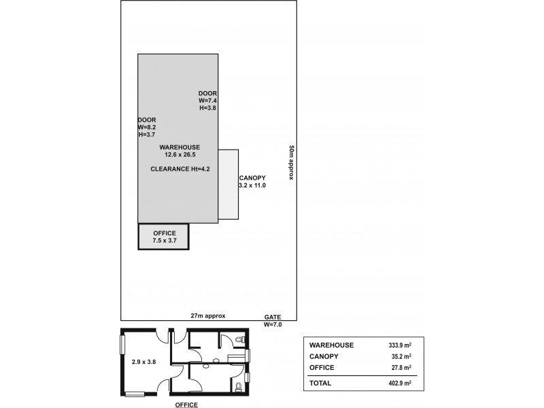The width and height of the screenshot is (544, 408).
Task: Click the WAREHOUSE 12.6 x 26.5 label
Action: point(180,150)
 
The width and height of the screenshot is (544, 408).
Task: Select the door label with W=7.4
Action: point(207,100)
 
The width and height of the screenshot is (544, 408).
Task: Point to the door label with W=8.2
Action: point(146,127)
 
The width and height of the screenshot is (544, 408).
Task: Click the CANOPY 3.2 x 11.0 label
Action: point(252,182)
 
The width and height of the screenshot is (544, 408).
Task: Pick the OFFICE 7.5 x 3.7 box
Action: point(164,237)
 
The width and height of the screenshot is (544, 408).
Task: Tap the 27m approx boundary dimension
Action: point(208,316)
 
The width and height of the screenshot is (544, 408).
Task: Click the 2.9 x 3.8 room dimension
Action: point(143,362)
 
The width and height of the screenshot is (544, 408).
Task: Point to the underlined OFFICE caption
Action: point(186,405)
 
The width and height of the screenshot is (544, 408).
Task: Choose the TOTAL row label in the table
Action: point(320,383)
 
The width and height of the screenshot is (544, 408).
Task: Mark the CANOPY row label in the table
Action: point(324,356)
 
